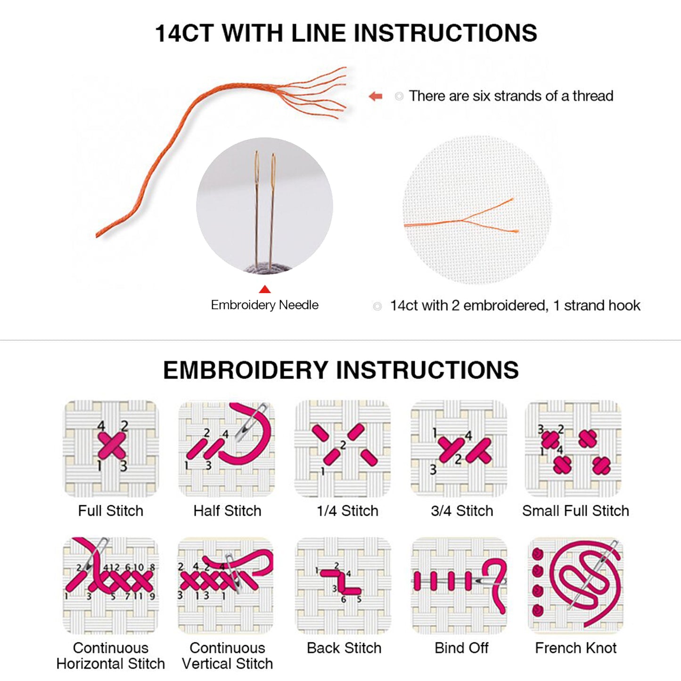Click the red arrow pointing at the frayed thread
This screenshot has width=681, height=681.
(375, 96)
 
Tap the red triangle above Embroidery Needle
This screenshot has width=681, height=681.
(265, 289)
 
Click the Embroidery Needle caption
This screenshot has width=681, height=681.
(265, 305)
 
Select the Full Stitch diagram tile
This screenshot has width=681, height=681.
(111, 449)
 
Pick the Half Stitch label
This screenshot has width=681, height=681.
(227, 511)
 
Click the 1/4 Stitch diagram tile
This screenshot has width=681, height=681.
(343, 449)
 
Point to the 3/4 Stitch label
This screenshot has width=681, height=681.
(462, 511)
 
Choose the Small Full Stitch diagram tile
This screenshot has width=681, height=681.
(573, 449)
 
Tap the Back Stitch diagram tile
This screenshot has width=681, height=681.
(343, 586)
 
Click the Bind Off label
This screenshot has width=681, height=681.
(461, 648)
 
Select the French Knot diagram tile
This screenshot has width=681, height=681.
(575, 586)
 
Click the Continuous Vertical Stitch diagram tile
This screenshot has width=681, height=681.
(225, 586)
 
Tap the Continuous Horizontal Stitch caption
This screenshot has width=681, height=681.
(111, 656)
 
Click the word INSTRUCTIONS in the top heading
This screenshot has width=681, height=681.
(445, 33)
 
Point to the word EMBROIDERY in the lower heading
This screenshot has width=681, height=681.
(245, 370)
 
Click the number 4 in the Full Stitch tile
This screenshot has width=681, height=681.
(101, 426)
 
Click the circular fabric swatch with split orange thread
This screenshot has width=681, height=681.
(477, 210)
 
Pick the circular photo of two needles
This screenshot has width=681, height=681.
(265, 205)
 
